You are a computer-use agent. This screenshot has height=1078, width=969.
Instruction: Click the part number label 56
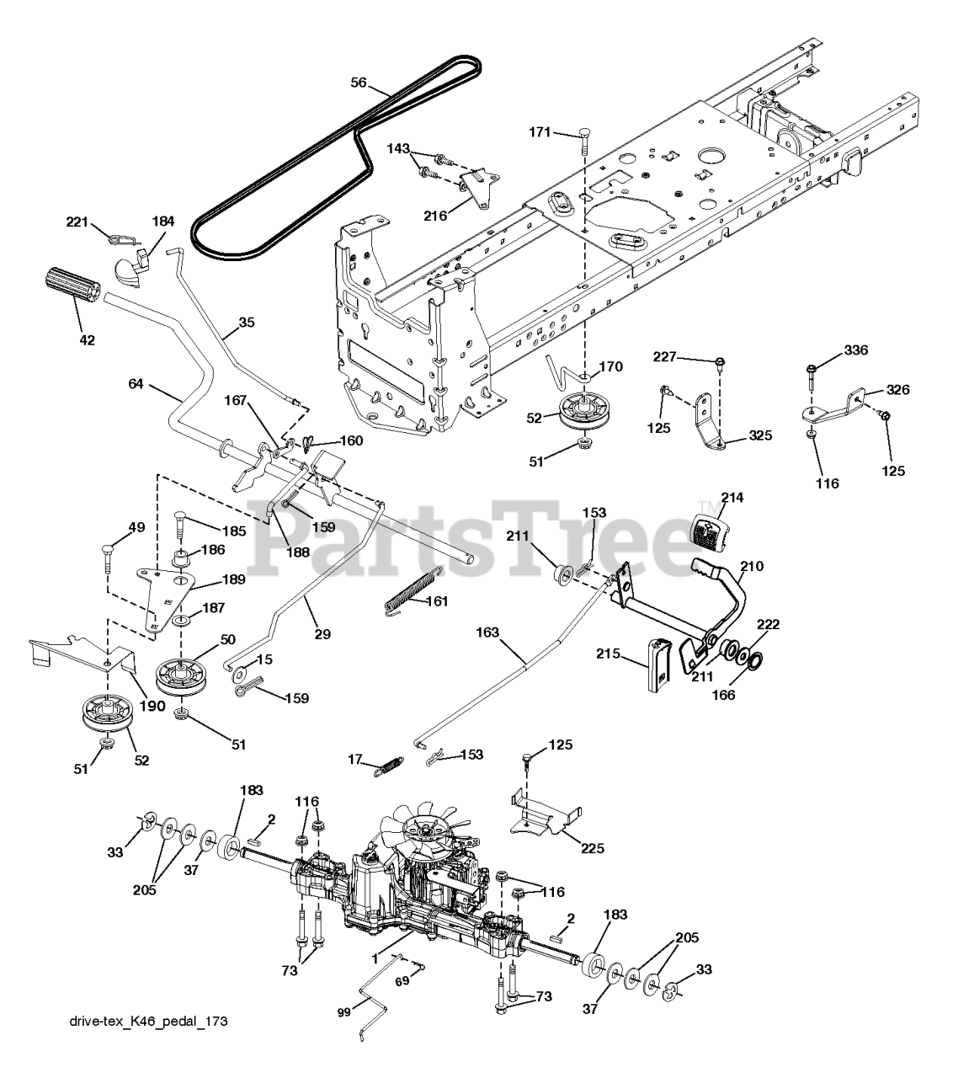click(359, 82)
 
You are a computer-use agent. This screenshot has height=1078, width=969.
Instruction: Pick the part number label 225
click(592, 848)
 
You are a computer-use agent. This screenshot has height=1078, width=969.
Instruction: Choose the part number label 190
click(152, 683)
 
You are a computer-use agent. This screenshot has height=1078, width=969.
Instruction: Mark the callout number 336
click(833, 350)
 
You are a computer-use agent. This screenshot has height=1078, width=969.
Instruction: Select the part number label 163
click(487, 632)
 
